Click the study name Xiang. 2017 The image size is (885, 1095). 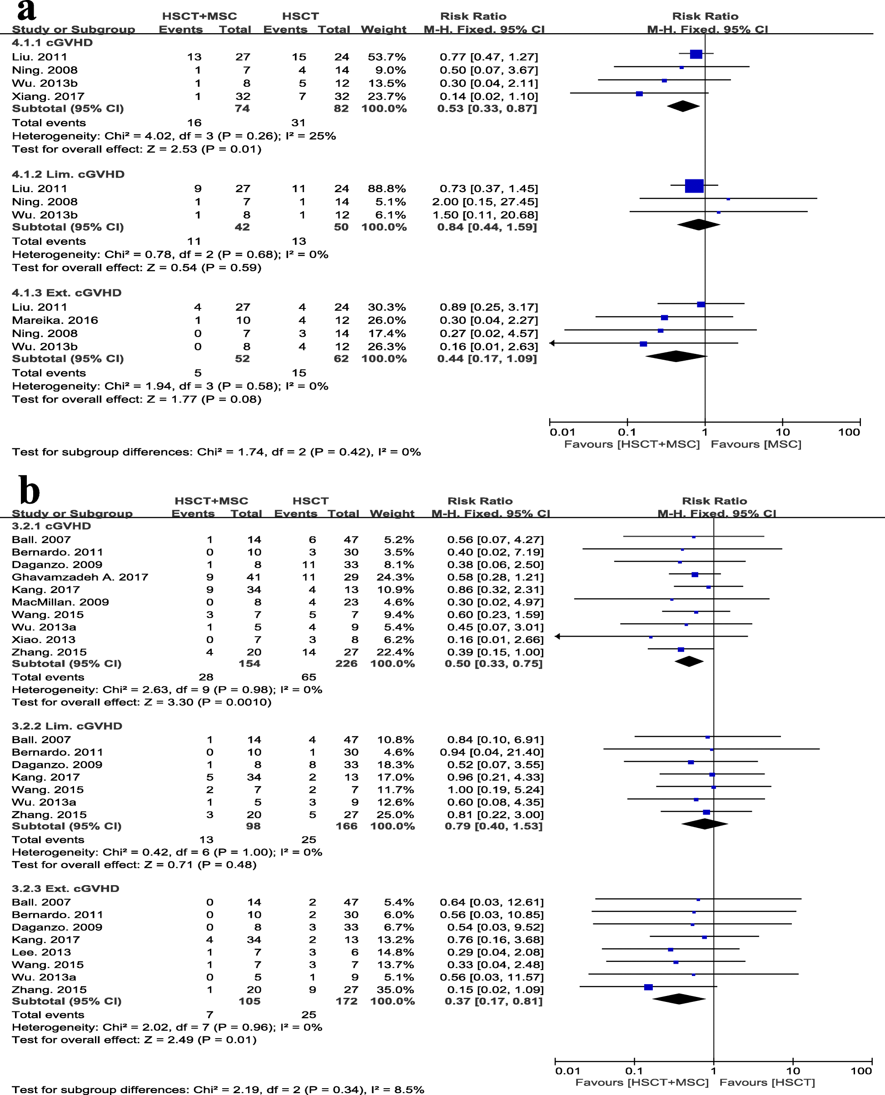point(48,96)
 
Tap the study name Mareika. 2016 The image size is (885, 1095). point(55,320)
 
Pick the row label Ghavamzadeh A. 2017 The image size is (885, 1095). point(80,577)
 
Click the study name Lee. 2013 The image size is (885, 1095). point(41,952)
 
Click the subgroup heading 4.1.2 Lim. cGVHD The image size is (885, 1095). point(68,174)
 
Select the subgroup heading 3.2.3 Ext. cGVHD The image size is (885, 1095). point(66,888)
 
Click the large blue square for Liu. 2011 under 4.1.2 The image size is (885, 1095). point(694,186)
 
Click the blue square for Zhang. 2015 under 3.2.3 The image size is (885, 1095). point(648,987)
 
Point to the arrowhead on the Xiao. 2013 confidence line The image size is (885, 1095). point(558,636)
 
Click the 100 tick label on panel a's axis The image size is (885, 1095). point(849,432)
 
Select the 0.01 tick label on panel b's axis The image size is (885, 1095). point(567,1070)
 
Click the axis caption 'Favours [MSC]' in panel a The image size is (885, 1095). point(756,444)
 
